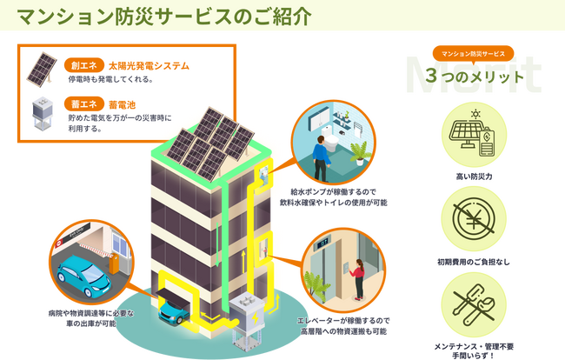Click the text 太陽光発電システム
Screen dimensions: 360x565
tap(149, 65)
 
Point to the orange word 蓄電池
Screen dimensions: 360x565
tap(123, 104)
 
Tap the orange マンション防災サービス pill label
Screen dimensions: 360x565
tap(473, 53)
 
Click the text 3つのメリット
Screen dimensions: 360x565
tap(475, 77)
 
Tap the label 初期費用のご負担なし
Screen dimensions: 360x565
tap(473, 262)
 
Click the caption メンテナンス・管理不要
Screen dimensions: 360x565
tap(473, 344)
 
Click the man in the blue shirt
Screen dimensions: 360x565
tap(321, 161)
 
